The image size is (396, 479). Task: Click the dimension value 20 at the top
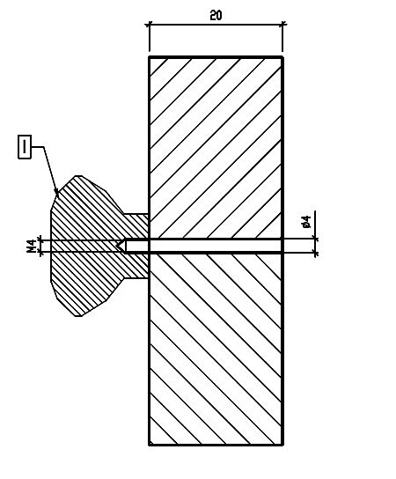[216, 15]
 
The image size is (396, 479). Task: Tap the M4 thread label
[32, 246]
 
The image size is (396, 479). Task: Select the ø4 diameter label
[306, 222]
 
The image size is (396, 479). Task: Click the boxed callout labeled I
[25, 147]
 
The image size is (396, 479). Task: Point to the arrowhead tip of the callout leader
[58, 195]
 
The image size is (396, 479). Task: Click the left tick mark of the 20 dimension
[149, 25]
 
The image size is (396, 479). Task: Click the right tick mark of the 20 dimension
[282, 24]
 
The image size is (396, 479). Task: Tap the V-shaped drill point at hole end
[121, 246]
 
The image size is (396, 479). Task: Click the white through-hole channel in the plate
[215, 246]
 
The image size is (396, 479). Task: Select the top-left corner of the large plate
[150, 57]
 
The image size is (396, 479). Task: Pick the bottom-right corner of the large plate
[282, 445]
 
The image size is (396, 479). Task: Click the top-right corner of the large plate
[282, 57]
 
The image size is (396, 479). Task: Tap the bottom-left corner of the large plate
[150, 445]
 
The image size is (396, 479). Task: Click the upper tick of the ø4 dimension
[315, 239]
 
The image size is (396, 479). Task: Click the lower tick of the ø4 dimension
[315, 253]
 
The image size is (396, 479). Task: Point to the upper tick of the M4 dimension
[40, 240]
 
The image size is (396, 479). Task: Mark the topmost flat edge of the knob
[78, 176]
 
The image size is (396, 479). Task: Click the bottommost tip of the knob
[78, 316]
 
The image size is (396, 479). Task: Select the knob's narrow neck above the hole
[136, 226]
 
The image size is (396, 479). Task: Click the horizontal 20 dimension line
[216, 25]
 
